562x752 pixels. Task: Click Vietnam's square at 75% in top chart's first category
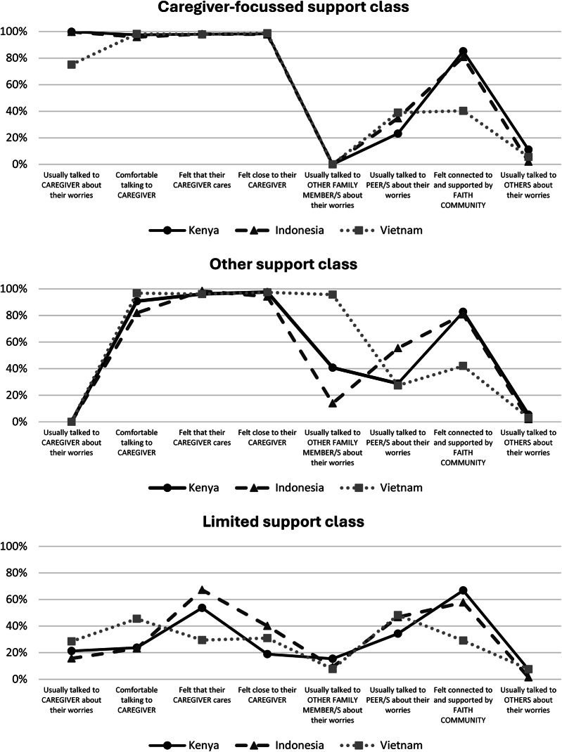[x=71, y=64]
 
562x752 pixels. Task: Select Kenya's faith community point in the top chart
[x=463, y=51]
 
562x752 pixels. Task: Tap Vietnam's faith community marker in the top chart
[x=463, y=110]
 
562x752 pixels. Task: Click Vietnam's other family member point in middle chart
[x=332, y=294]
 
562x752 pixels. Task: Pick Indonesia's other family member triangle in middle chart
[x=332, y=403]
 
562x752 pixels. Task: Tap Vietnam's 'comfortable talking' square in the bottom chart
[x=136, y=619]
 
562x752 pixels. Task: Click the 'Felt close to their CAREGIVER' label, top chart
[x=267, y=180]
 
